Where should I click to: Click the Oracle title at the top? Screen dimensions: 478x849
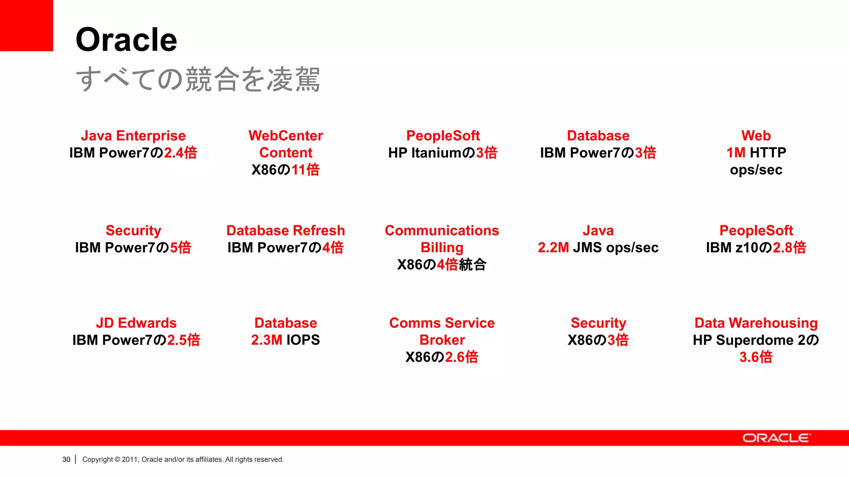pos(126,40)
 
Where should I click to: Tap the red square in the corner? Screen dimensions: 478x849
pos(26,25)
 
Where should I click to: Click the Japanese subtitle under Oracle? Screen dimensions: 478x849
pos(198,79)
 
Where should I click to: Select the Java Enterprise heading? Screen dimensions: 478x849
pos(133,136)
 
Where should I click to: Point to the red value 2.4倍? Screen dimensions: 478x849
pos(181,153)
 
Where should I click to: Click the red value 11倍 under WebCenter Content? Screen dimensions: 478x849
pos(306,170)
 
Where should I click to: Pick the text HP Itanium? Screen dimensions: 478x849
pos(425,153)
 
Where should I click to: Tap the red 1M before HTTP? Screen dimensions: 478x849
pos(736,153)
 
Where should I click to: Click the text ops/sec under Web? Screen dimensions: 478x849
pos(756,170)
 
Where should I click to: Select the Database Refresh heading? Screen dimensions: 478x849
pos(286,230)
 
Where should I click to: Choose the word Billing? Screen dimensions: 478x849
pos(442,247)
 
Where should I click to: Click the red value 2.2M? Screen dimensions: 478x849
pos(553,247)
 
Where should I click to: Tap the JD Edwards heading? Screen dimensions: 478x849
pos(136,323)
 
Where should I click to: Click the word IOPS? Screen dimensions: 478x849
pos(303,340)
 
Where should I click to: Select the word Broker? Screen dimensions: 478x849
pos(442,340)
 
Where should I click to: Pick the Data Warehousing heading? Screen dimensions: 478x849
pos(756,323)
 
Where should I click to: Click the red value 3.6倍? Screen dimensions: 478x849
pos(756,357)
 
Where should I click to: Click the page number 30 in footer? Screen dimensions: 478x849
pos(66,459)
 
